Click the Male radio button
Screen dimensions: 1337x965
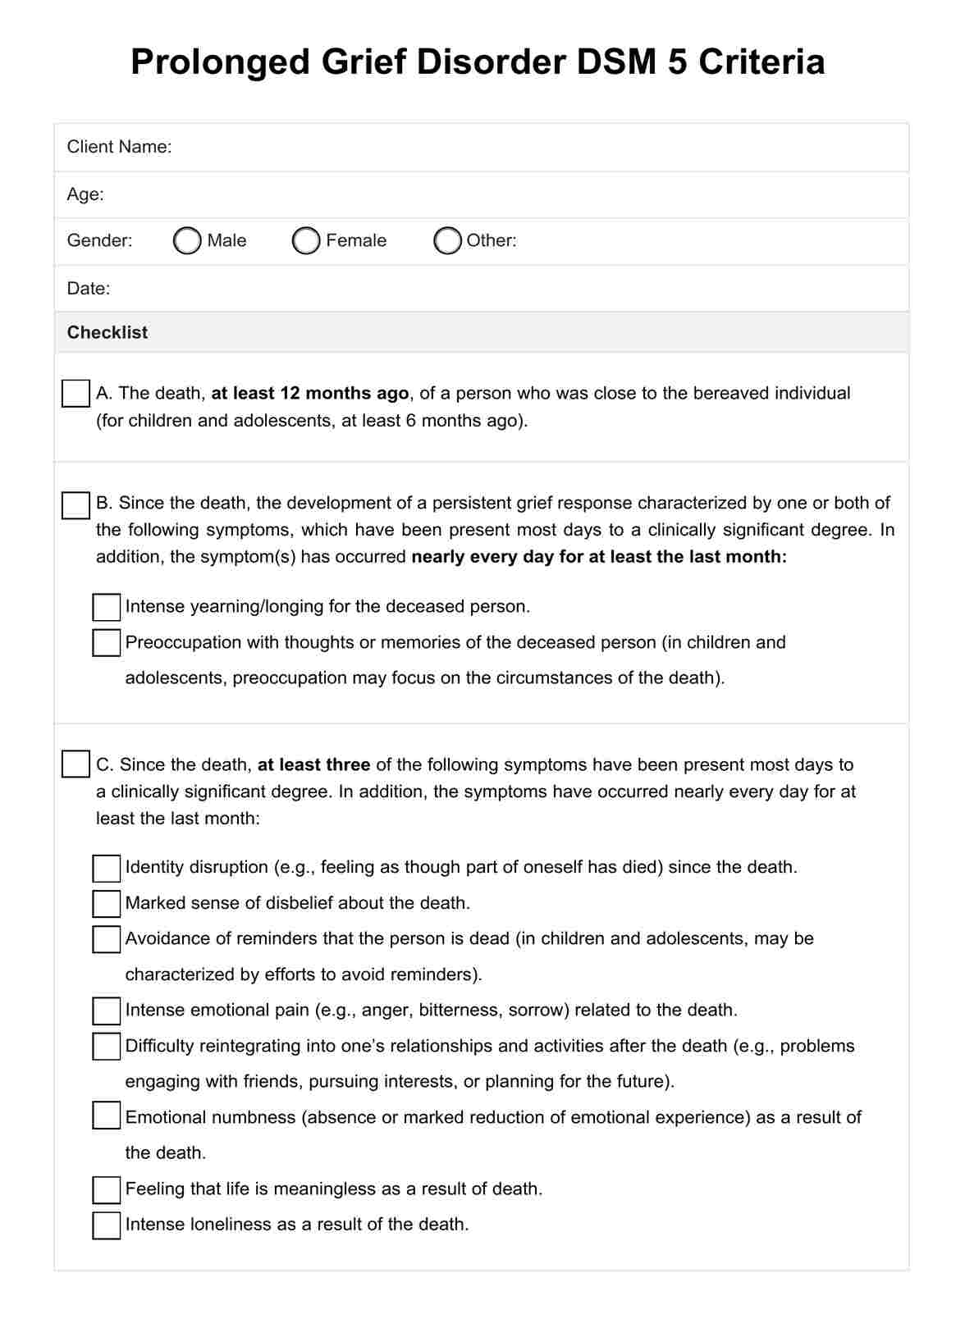tap(187, 240)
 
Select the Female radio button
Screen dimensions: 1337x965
tap(306, 240)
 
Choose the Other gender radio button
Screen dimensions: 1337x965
tap(447, 240)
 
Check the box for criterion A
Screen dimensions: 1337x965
tap(75, 393)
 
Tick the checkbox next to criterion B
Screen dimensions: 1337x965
tap(75, 505)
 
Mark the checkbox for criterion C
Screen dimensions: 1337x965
tap(75, 764)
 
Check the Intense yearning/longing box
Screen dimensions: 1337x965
tap(107, 607)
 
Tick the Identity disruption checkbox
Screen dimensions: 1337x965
tap(107, 868)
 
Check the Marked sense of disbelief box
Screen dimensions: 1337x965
tap(107, 903)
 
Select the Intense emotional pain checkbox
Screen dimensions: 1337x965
tap(107, 1011)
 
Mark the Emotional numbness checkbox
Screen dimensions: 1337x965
tap(107, 1116)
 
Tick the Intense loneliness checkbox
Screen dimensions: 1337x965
tap(107, 1225)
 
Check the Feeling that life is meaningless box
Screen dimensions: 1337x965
tap(107, 1189)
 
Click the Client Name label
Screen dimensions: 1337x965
tap(119, 147)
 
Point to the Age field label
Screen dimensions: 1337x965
tap(85, 194)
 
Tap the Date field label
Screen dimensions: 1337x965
tap(88, 288)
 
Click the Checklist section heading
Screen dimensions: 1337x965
tap(107, 332)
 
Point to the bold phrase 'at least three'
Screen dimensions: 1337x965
tap(313, 764)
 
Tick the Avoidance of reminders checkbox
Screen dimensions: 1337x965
tap(107, 939)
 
